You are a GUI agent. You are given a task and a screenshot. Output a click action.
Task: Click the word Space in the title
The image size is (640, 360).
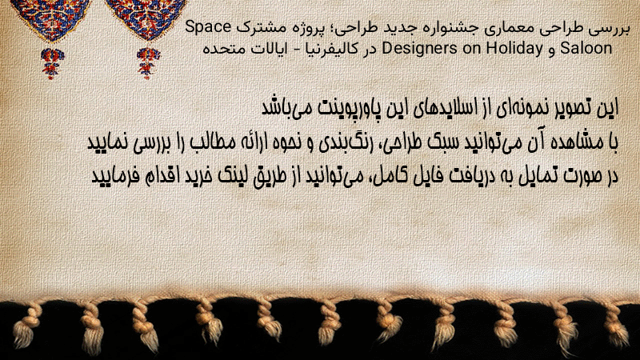coord(208,28)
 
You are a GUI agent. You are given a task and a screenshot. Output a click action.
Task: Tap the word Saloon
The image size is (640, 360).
coord(586,48)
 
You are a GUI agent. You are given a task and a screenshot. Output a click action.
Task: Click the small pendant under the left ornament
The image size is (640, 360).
coord(52,62)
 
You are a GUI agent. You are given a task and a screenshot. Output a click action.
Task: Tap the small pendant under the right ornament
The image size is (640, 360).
coord(148,62)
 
